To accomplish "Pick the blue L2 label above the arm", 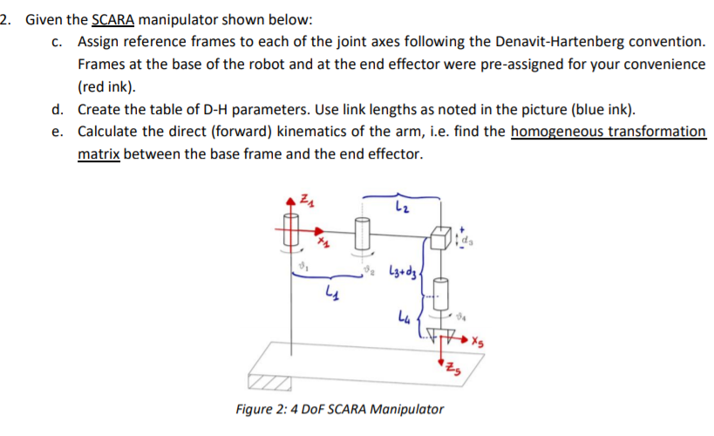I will [x=400, y=207].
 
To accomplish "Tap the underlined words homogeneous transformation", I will [x=608, y=132].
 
